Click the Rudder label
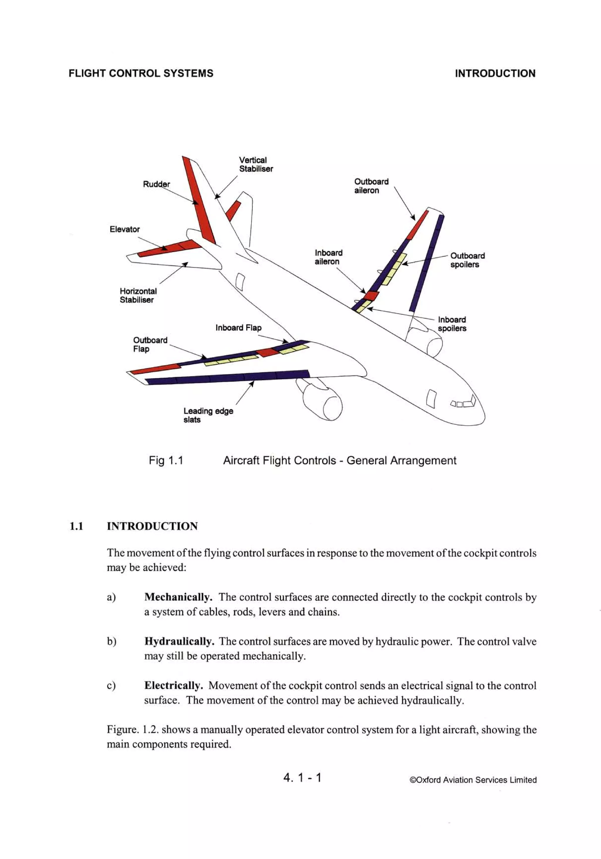pyautogui.click(x=156, y=184)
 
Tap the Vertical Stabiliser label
pyautogui.click(x=256, y=164)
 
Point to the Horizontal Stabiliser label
pyautogui.click(x=138, y=295)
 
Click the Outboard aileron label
pyautogui.click(x=371, y=186)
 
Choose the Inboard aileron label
pyautogui.click(x=328, y=257)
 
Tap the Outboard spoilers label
pyautogui.click(x=467, y=260)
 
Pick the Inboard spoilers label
pyautogui.click(x=452, y=324)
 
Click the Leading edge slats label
pyautogui.click(x=208, y=415)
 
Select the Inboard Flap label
pyautogui.click(x=238, y=328)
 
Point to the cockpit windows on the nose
pyautogui.click(x=463, y=403)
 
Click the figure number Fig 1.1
pyautogui.click(x=166, y=460)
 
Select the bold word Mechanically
pyautogui.click(x=178, y=597)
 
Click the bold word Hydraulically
pyautogui.click(x=179, y=641)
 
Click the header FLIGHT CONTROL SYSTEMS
pyautogui.click(x=141, y=73)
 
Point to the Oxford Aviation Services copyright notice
pyautogui.click(x=473, y=780)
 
